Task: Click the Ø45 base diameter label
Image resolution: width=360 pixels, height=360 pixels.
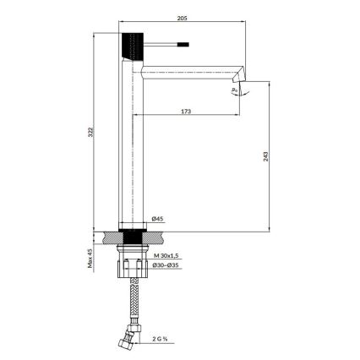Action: coord(157,219)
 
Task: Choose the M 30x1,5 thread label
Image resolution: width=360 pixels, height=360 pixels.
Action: coord(167,254)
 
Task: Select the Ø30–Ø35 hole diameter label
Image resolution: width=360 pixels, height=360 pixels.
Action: coord(167,266)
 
